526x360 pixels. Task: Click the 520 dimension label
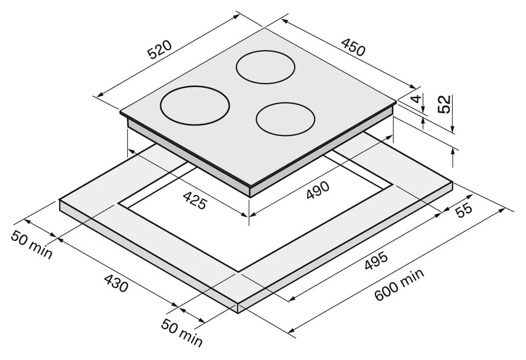pos(160,50)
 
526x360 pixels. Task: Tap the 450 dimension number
pos(353,47)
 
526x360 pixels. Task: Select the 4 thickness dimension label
pos(416,99)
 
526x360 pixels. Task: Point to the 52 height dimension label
pos(444,104)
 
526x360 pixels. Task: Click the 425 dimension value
pos(194,200)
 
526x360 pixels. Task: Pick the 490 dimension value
pos(318,190)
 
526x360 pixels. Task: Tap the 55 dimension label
pos(464,210)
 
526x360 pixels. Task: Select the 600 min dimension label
pos(399,284)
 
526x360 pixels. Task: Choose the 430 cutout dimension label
pos(116,283)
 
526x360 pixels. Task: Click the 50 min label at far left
pos(32,245)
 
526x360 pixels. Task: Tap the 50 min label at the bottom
pos(182,333)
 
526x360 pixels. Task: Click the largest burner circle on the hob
pos(195,105)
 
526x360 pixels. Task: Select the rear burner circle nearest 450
pos(266,67)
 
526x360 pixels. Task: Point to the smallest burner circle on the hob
pos(286,119)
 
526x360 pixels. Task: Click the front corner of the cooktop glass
pos(249,187)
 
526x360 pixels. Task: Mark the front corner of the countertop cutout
pos(238,271)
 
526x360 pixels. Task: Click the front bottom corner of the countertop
pos(238,313)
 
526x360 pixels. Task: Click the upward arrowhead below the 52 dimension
pos(453,152)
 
